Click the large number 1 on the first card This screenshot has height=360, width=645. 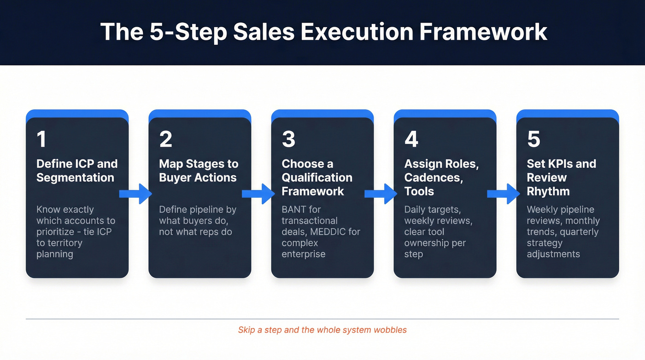pyautogui.click(x=41, y=139)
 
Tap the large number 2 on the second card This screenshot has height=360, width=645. pyautogui.click(x=165, y=139)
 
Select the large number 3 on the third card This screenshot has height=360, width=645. pyautogui.click(x=288, y=139)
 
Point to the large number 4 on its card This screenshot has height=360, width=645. pyautogui.click(x=411, y=139)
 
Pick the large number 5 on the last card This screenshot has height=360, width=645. pyautogui.click(x=534, y=139)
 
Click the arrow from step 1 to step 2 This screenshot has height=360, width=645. pyautogui.click(x=135, y=194)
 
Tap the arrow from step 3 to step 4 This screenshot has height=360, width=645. pyautogui.click(x=381, y=194)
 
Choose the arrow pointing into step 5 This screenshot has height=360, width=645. pyautogui.click(x=504, y=194)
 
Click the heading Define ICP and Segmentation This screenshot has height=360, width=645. pyautogui.click(x=76, y=171)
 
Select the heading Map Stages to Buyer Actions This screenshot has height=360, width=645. pyautogui.click(x=199, y=171)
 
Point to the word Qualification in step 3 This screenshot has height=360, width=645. pyautogui.click(x=317, y=177)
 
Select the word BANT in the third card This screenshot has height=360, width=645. pyautogui.click(x=295, y=209)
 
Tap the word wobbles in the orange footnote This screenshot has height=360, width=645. pyautogui.click(x=391, y=330)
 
